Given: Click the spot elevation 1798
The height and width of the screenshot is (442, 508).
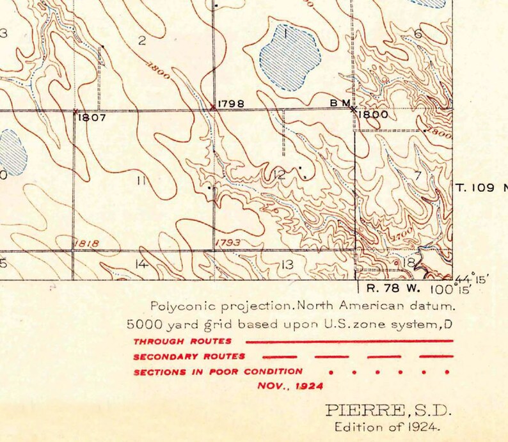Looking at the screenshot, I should pyautogui.click(x=231, y=103).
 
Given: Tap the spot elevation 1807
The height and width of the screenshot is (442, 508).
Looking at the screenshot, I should pyautogui.click(x=93, y=118).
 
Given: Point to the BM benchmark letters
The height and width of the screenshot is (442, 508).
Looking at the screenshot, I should pyautogui.click(x=340, y=103).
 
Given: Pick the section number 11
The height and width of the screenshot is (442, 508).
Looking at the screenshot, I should pyautogui.click(x=141, y=180).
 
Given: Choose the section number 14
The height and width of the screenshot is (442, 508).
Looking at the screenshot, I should pyautogui.click(x=141, y=264).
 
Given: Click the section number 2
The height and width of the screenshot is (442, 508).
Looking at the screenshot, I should pyautogui.click(x=142, y=42).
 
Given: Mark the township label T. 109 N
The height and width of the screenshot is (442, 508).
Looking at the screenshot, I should pyautogui.click(x=481, y=188).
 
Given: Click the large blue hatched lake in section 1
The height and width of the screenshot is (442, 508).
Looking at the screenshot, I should pyautogui.click(x=289, y=58).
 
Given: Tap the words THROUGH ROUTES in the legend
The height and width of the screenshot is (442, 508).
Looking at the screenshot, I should pyautogui.click(x=182, y=342).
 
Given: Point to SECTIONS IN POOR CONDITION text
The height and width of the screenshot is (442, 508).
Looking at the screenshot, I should pyautogui.click(x=218, y=371).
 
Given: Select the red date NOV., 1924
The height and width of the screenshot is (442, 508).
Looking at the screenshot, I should pyautogui.click(x=290, y=386).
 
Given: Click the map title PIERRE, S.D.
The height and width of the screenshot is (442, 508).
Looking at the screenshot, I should pyautogui.click(x=389, y=410).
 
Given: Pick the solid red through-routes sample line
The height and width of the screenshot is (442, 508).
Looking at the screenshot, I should pyautogui.click(x=349, y=342).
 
